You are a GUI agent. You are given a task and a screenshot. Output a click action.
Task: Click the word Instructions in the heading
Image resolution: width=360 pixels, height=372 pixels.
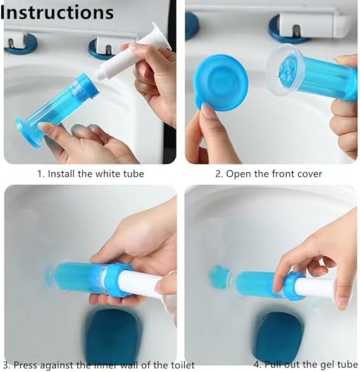click(58, 12)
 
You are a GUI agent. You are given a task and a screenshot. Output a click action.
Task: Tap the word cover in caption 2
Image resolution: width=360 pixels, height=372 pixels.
click(309, 173)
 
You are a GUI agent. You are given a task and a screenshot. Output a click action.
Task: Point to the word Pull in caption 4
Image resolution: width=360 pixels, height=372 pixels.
click(273, 364)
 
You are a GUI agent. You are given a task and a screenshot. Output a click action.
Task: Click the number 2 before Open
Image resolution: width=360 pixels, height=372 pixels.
click(218, 173)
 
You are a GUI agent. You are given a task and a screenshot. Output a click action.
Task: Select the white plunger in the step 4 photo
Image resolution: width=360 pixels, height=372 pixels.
click(314, 288)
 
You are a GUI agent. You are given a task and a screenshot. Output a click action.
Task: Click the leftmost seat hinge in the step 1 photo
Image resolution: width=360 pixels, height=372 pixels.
click(21, 43)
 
